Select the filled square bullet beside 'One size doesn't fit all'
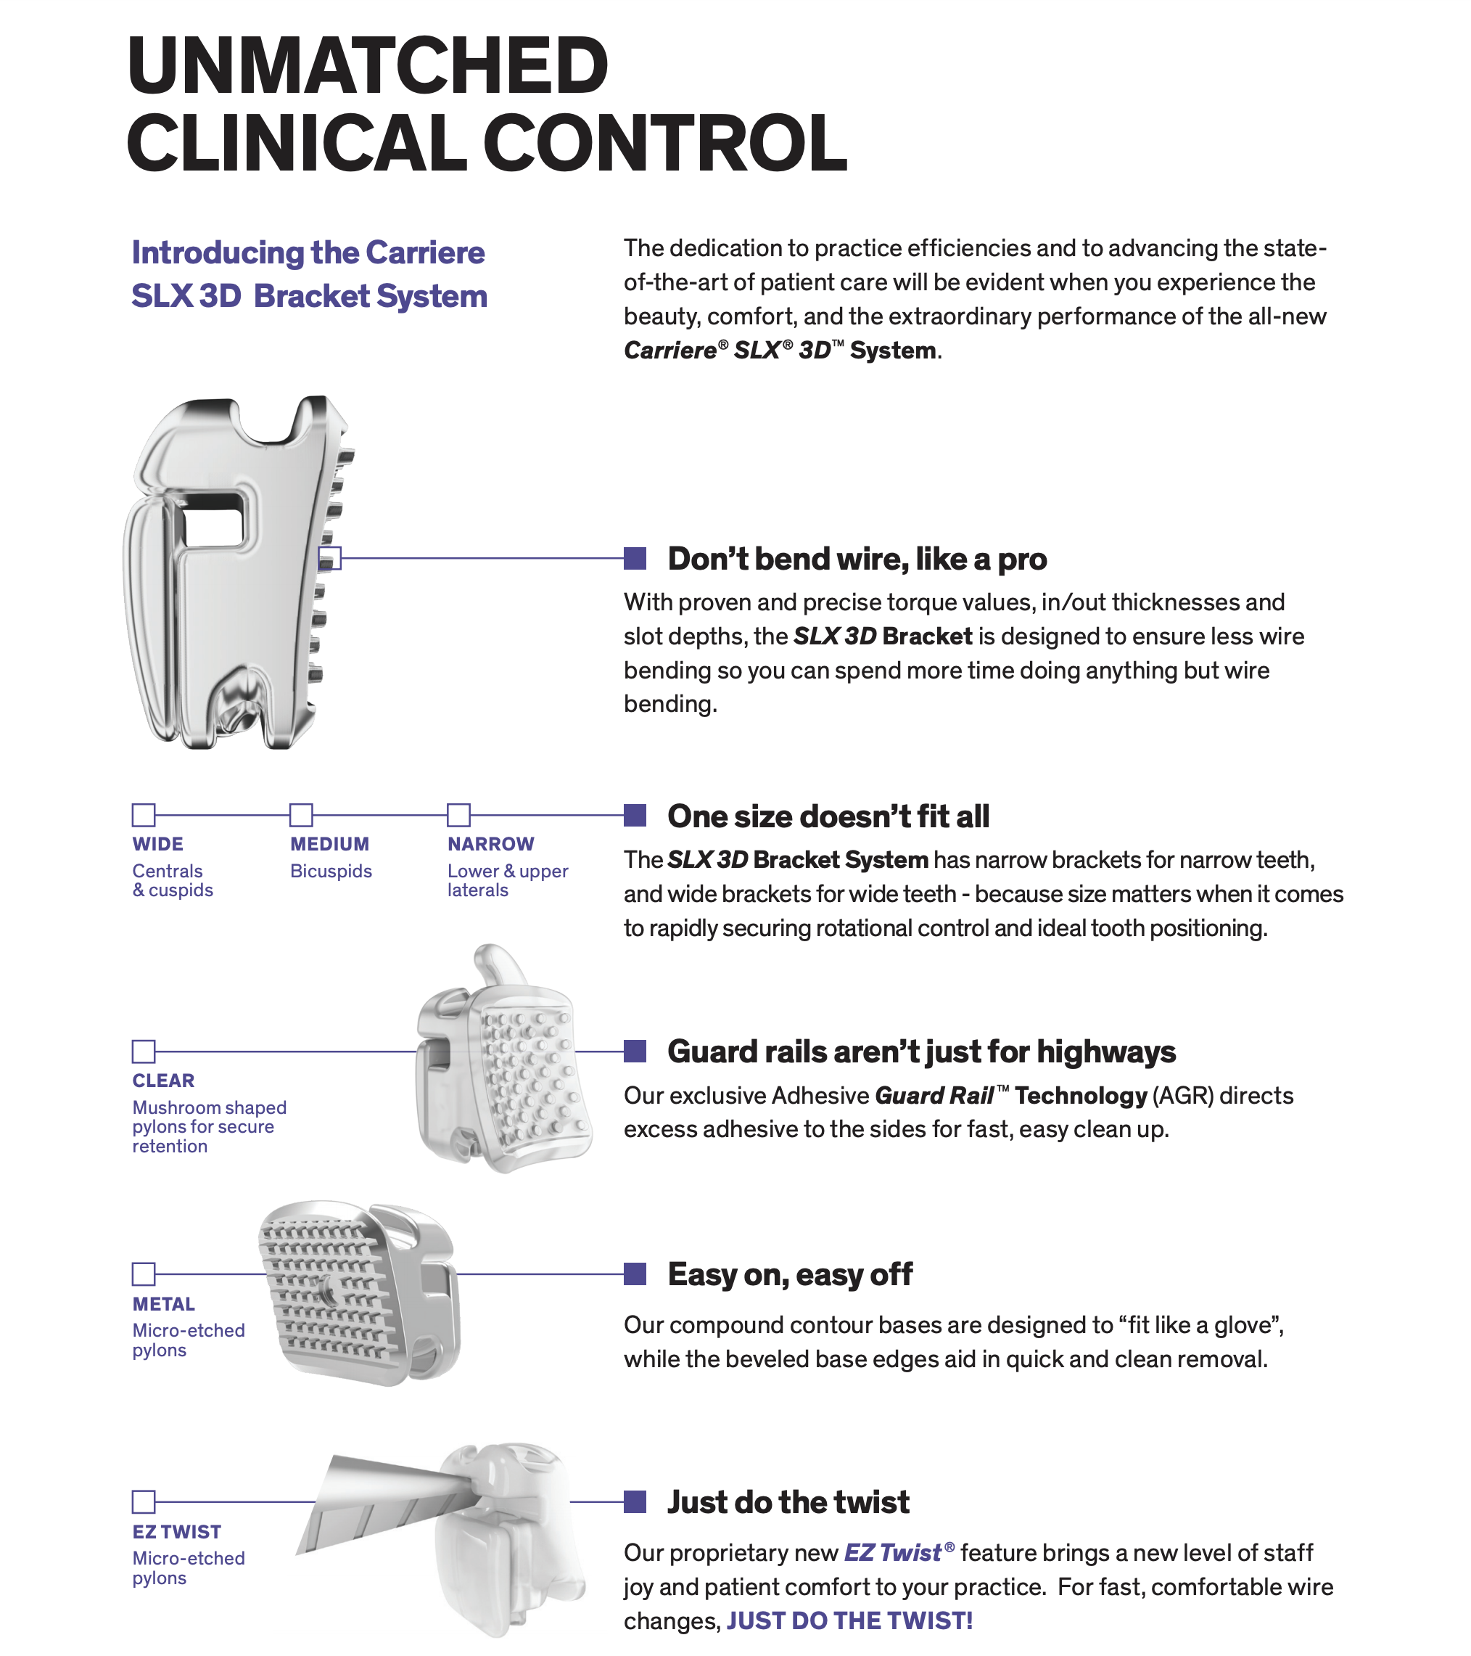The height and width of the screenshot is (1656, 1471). [635, 815]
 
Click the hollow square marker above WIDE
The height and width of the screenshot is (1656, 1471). [144, 815]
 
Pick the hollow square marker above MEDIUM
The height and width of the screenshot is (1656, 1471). [301, 815]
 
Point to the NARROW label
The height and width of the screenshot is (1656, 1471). [491, 844]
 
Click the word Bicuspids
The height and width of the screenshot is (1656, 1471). [331, 871]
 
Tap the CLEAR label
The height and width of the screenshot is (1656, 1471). [164, 1081]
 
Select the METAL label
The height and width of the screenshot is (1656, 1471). [164, 1304]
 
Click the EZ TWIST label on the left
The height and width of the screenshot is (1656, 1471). [176, 1532]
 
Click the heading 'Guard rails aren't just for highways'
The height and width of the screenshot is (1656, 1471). [921, 1052]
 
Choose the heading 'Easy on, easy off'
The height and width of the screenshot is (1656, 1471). [790, 1274]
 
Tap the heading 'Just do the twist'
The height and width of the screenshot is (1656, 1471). [788, 1502]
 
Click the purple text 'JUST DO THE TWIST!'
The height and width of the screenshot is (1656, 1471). [849, 1620]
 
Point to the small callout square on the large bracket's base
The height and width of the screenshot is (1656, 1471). [330, 558]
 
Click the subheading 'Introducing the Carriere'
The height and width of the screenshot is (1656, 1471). [308, 253]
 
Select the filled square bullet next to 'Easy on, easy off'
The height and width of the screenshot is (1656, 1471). [635, 1274]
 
